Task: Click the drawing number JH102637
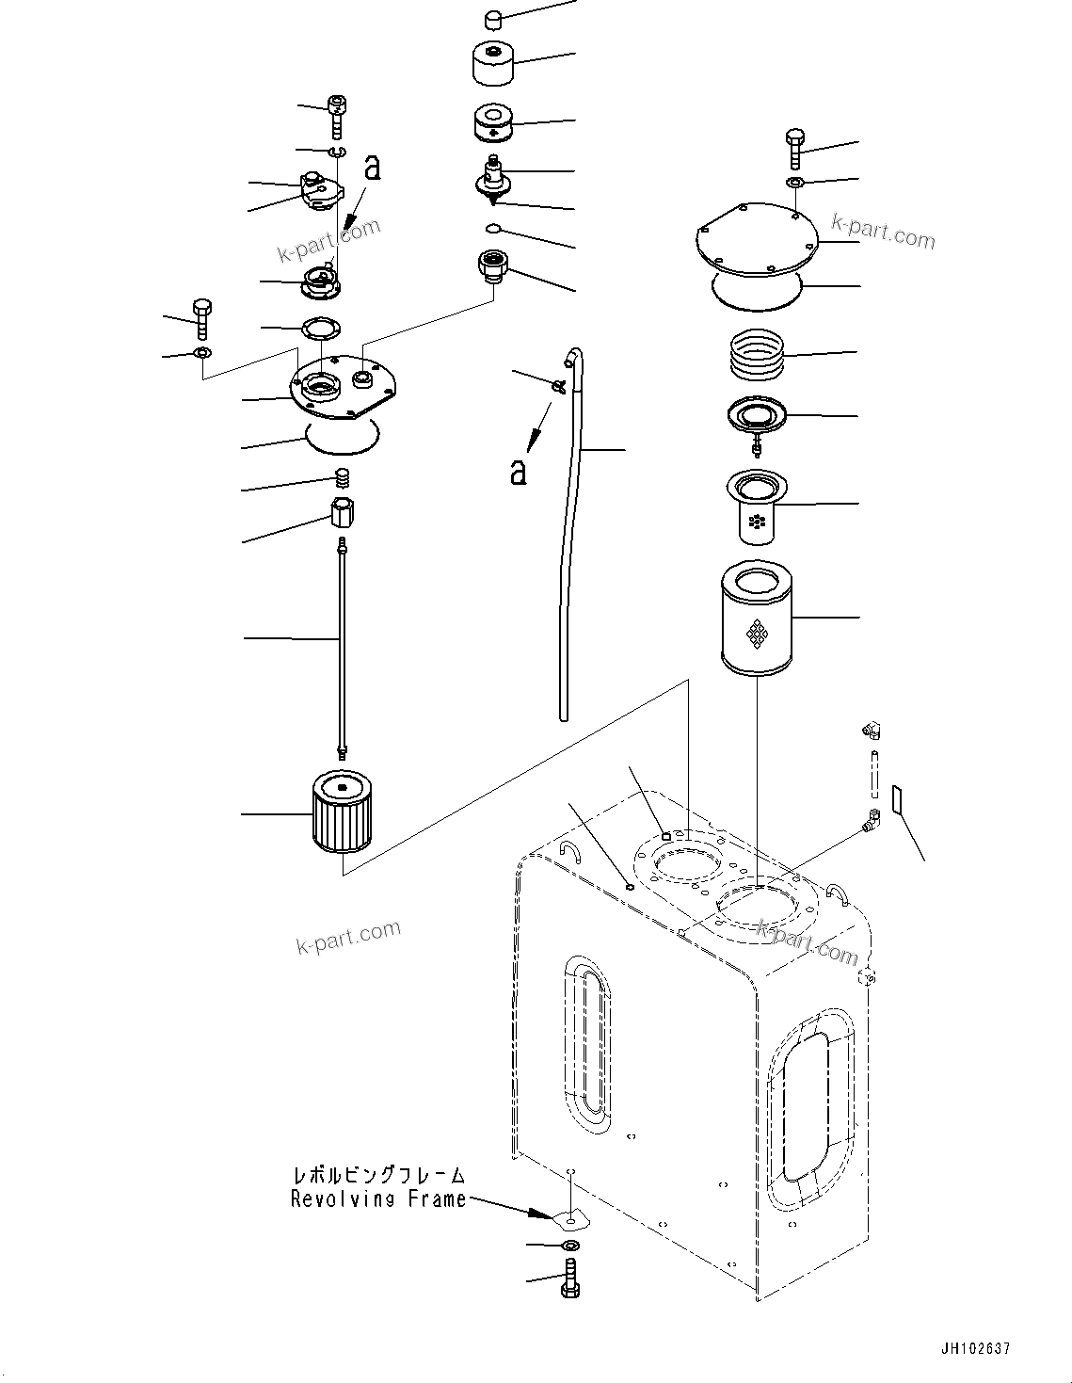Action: tap(972, 1348)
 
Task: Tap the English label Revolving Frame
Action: tap(377, 1199)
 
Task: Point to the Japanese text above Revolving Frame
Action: tap(377, 1175)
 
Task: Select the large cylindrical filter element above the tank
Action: tap(757, 619)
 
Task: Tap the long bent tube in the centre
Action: tap(571, 527)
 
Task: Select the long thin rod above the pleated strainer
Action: tap(342, 640)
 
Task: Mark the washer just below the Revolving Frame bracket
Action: tap(569, 1246)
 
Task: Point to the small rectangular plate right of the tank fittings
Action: tap(897, 799)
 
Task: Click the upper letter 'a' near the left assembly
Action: tap(373, 168)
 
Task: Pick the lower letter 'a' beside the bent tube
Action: tap(518, 471)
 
